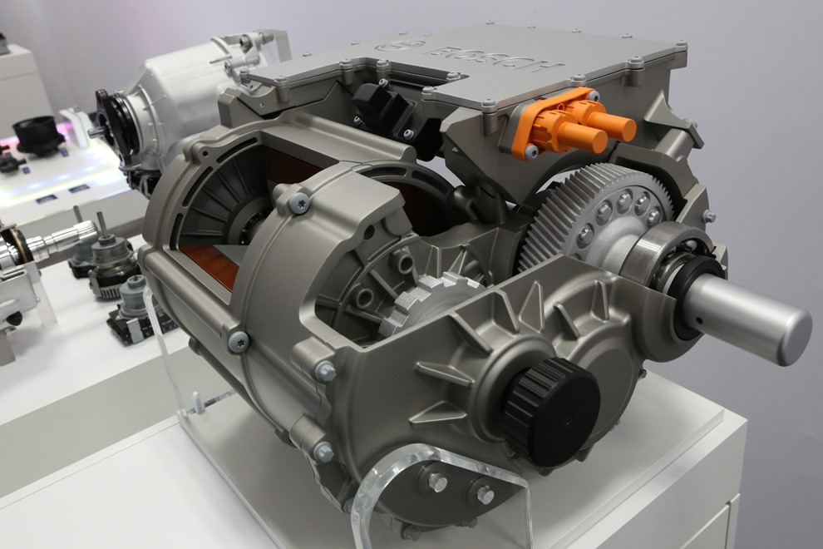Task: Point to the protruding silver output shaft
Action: pos(750,315)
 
